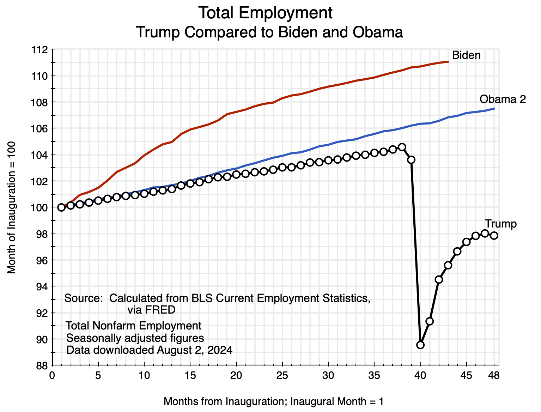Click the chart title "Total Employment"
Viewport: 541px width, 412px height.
pyautogui.click(x=265, y=13)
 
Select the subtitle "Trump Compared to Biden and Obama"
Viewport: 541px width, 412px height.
pyautogui.click(x=269, y=32)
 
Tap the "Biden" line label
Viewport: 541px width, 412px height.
pyautogui.click(x=466, y=55)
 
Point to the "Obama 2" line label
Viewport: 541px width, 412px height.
pyautogui.click(x=503, y=99)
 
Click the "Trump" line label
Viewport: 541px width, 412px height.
pyautogui.click(x=500, y=224)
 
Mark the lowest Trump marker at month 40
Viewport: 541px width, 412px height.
pyautogui.click(x=420, y=345)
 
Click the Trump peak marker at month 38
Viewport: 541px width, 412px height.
pyautogui.click(x=402, y=147)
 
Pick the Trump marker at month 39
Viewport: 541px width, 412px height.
pyautogui.click(x=411, y=160)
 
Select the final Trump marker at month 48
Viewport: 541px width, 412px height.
pyautogui.click(x=494, y=235)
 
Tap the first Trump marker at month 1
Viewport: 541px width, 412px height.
pyautogui.click(x=61, y=207)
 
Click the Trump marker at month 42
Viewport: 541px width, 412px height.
pyautogui.click(x=439, y=279)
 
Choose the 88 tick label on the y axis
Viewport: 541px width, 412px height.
pyautogui.click(x=42, y=365)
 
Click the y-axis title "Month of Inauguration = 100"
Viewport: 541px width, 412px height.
pyautogui.click(x=12, y=207)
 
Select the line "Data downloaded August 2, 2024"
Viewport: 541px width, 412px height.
pyautogui.click(x=150, y=350)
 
